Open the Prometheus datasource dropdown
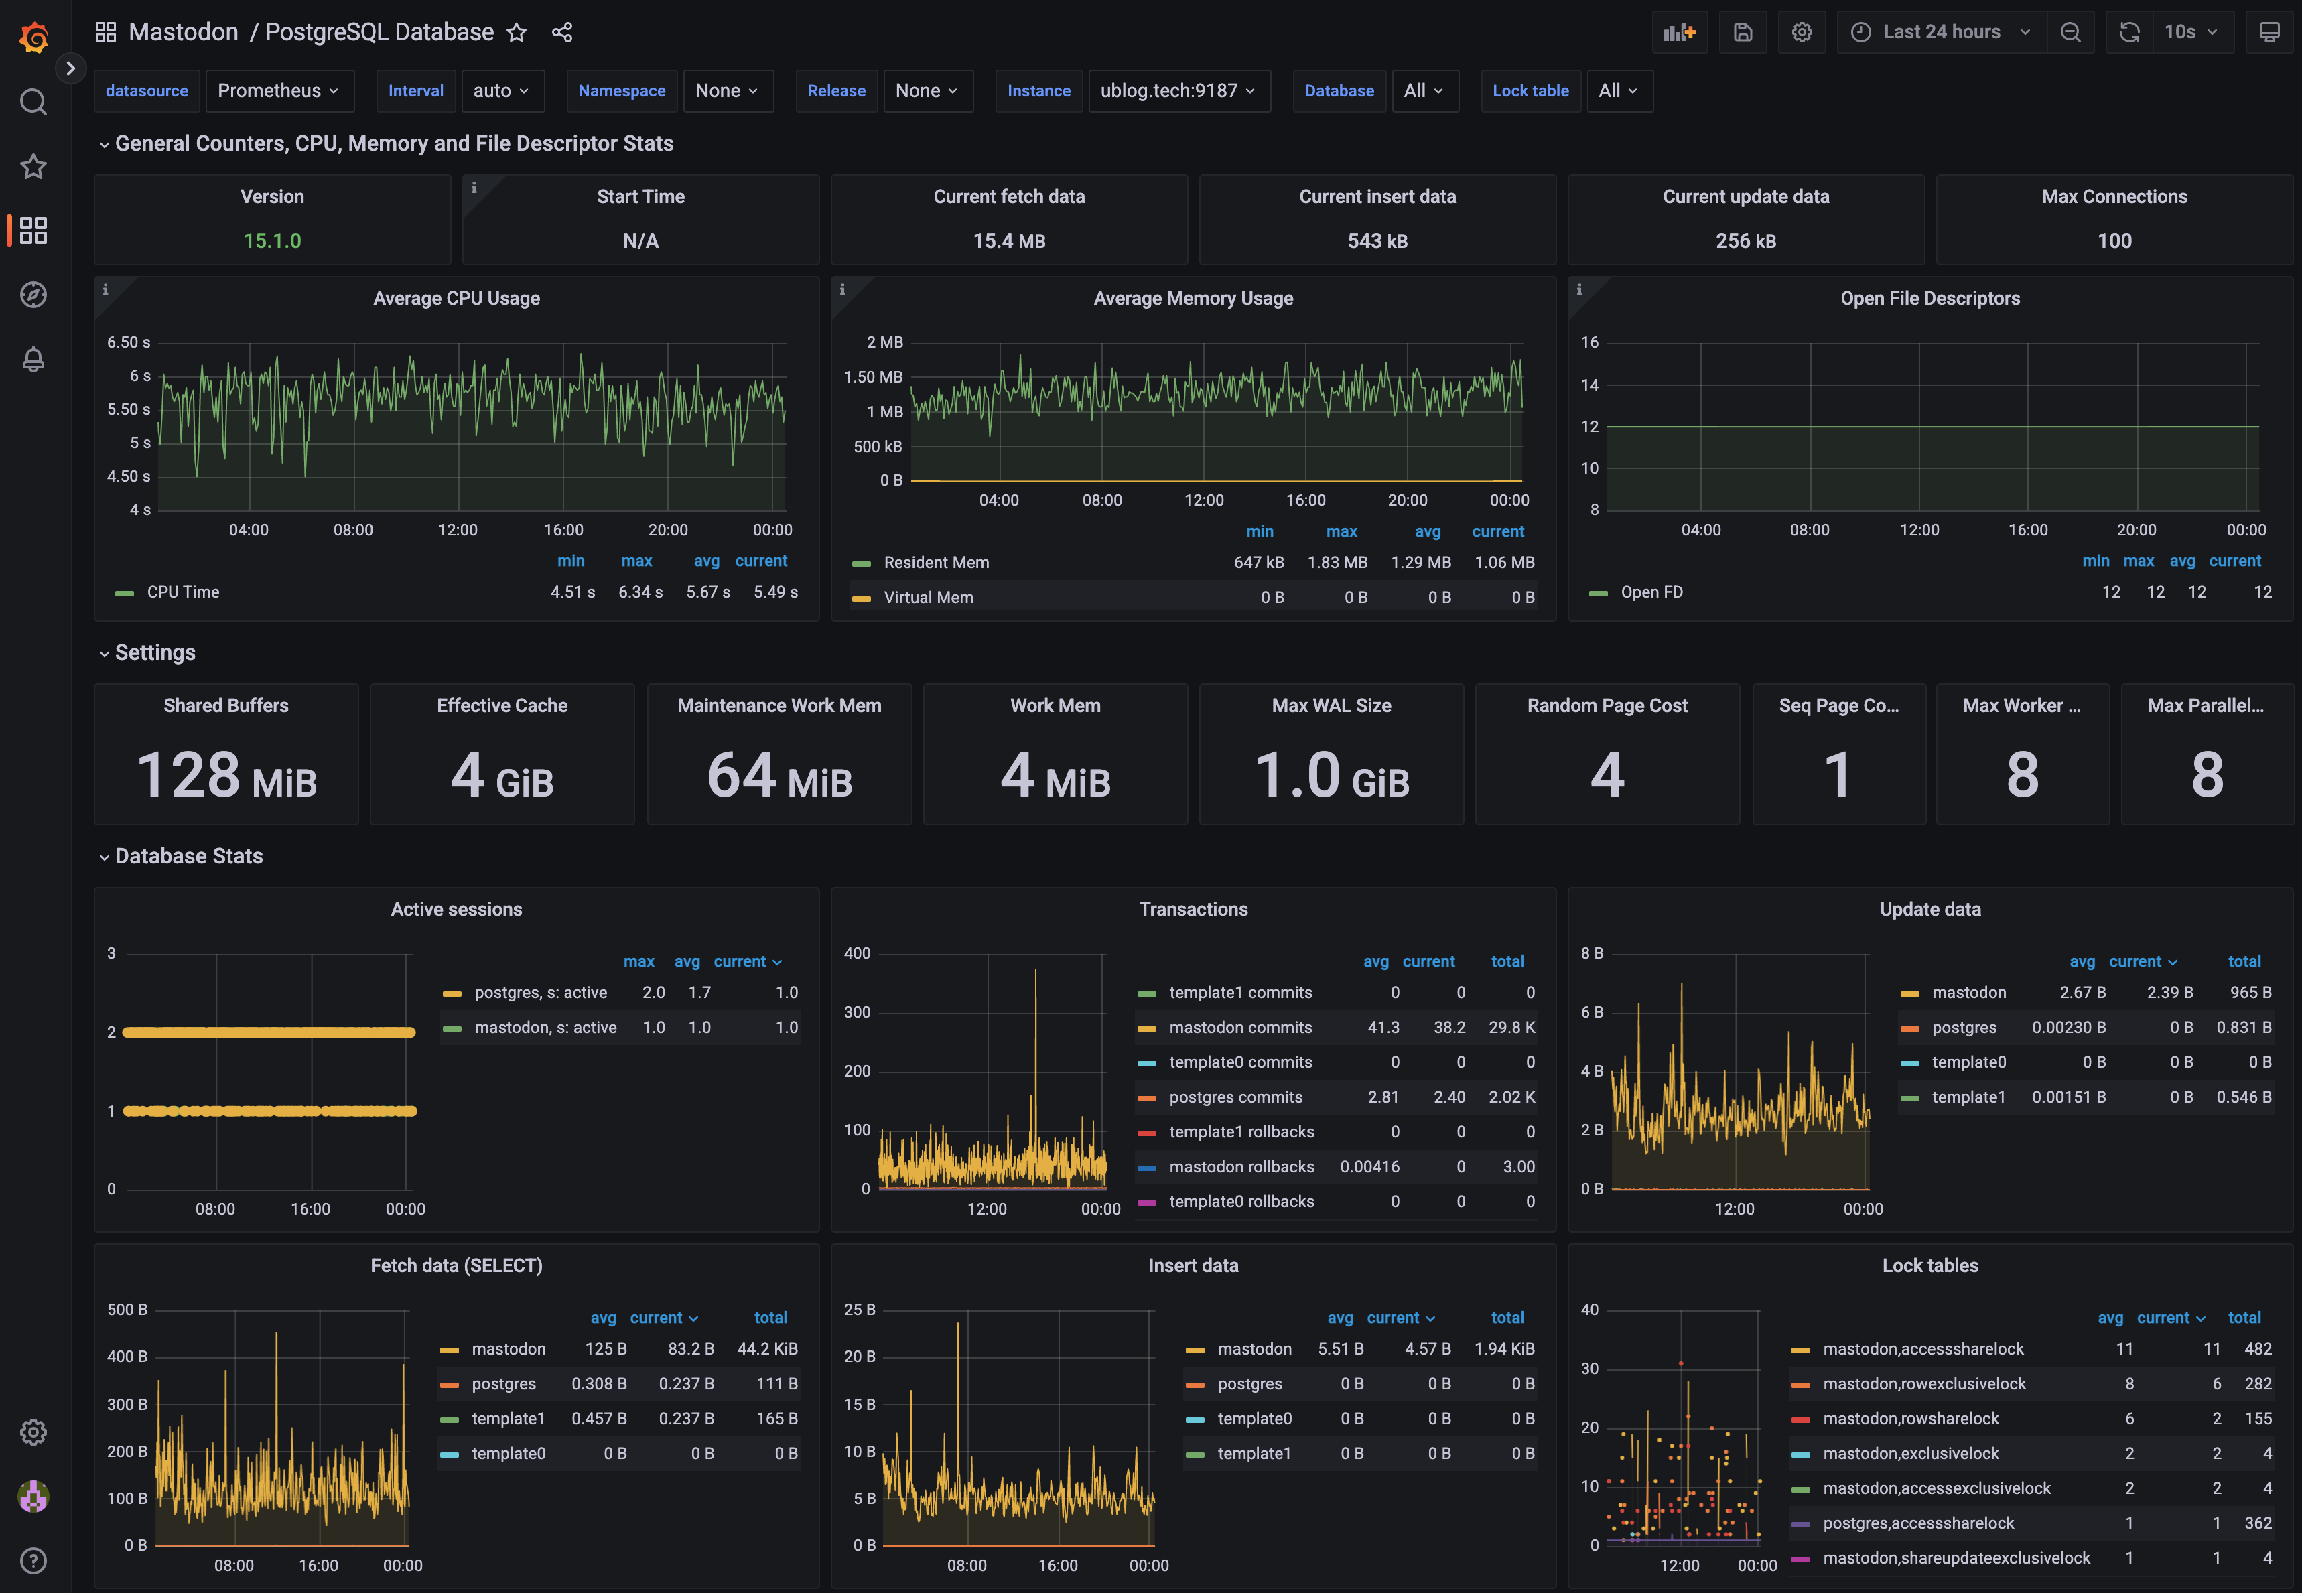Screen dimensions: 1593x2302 coord(277,91)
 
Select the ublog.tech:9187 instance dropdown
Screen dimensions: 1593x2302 coord(1178,91)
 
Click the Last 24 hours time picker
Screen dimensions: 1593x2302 coord(1942,32)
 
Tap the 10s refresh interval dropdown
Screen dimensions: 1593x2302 coord(2190,32)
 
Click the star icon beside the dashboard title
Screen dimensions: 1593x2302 coord(516,33)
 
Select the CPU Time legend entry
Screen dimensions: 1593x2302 coord(183,592)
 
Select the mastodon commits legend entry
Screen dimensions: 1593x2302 coord(1240,1027)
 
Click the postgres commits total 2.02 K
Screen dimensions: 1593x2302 coord(1511,1097)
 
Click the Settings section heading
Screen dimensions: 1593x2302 coord(155,652)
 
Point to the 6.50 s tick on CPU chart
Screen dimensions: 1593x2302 coord(129,342)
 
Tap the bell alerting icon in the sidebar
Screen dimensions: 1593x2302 coord(33,359)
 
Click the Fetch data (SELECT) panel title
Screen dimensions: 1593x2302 coord(456,1265)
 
